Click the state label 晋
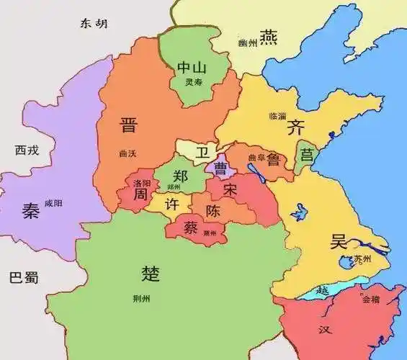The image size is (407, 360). (x=130, y=126)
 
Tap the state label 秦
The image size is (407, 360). (x=31, y=210)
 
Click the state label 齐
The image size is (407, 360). (x=295, y=129)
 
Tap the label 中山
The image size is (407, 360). (x=192, y=68)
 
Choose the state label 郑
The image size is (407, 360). (x=181, y=175)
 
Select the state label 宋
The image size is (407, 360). (x=230, y=191)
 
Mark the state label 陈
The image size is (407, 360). (x=213, y=212)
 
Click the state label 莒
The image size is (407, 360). (x=307, y=155)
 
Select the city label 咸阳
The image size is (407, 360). (x=53, y=204)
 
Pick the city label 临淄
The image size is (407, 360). (x=277, y=115)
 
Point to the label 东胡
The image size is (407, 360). (x=94, y=23)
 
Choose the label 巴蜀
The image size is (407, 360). (x=23, y=277)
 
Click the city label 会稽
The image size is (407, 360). (x=371, y=298)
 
